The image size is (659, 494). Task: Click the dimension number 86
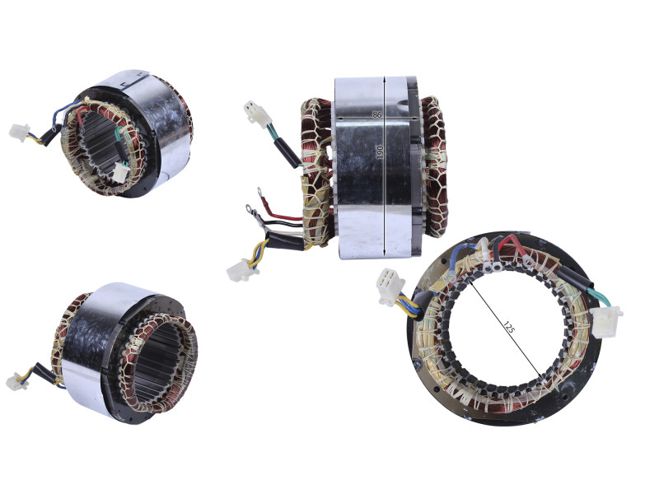[376, 114]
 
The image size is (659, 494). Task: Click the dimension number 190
[380, 152]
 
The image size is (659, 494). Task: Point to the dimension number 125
[508, 327]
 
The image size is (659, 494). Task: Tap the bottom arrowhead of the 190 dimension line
[384, 253]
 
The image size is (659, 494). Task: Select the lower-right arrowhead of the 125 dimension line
[540, 374]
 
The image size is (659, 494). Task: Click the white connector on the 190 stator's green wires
[257, 114]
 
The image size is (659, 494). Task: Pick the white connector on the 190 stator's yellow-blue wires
[242, 270]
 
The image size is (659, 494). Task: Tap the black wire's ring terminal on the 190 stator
[250, 208]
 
